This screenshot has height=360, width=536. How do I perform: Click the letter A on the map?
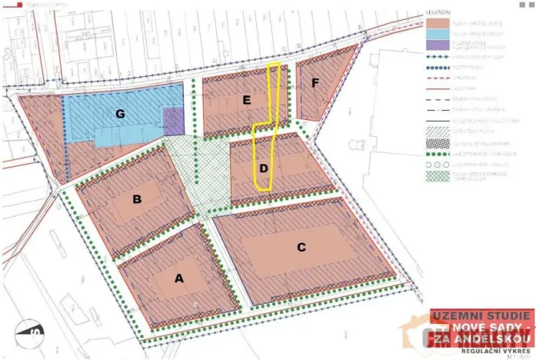point(180,279)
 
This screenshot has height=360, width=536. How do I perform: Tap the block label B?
point(137,200)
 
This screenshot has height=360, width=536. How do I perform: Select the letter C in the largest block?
point(301,247)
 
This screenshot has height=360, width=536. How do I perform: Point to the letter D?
point(263,168)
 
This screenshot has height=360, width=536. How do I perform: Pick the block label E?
point(246,100)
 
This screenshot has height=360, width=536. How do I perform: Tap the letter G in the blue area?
point(120,114)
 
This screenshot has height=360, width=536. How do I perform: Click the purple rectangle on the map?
point(175,122)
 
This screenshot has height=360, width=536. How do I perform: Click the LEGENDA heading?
point(439,12)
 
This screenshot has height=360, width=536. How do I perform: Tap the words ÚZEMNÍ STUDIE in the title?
point(481,316)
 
